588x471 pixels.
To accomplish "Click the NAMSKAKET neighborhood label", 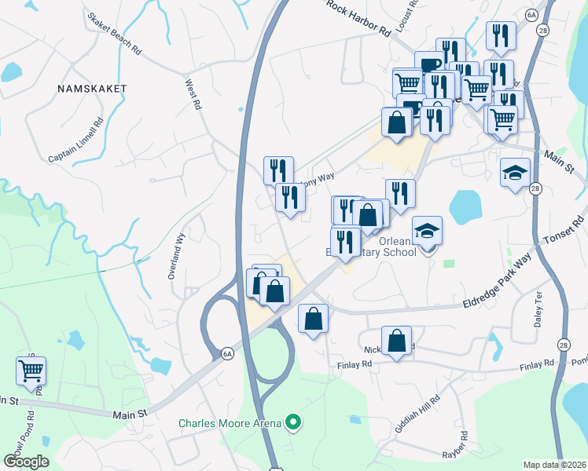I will [92, 89].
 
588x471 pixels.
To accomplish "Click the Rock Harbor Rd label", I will [358, 17].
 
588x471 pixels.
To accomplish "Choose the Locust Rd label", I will [405, 24].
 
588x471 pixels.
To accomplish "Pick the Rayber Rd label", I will [464, 446].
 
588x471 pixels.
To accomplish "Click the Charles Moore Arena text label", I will [229, 423].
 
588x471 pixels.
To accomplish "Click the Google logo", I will [26, 461].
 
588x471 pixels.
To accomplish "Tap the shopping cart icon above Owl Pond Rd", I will [31, 369].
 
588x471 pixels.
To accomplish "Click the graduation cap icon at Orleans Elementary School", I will [427, 230].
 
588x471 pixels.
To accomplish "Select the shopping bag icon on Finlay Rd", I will [397, 341].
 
